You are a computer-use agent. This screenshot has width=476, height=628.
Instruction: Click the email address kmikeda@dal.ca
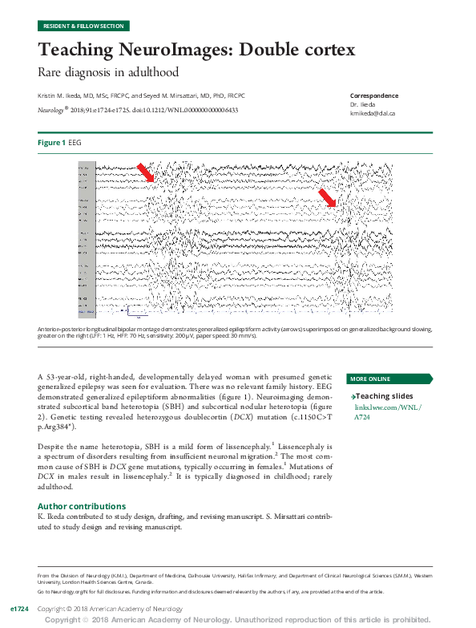point(372,113)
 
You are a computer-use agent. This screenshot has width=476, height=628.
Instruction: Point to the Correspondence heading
point(373,95)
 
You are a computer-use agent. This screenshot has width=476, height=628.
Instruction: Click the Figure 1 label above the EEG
point(51,142)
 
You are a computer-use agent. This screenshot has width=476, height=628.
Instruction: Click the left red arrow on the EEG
point(146,172)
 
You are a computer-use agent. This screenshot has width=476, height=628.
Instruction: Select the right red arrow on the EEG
point(327,198)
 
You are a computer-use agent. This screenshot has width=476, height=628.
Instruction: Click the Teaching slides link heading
point(384,396)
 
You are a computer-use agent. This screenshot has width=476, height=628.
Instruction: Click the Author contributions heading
point(82,506)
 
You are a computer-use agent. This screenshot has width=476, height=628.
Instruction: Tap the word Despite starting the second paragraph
point(53,444)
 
